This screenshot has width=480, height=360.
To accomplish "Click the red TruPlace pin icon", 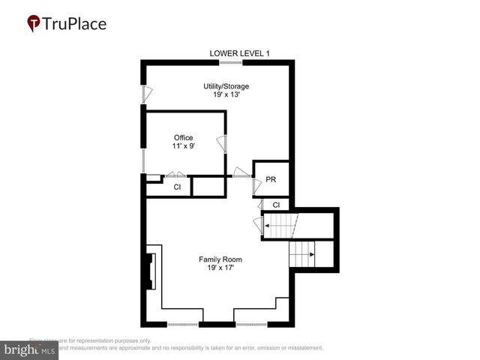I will point(34,23).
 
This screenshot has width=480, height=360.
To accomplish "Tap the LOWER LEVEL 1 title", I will point(239,52).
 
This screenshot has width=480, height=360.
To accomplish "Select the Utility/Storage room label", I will point(226,86).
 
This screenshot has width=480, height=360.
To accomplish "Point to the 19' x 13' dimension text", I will point(226,95).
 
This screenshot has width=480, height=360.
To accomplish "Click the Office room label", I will point(183,137).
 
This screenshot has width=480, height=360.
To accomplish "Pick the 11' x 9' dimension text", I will point(183,146).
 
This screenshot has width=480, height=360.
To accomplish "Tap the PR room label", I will point(271,180).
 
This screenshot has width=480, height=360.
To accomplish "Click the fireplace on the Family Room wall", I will point(150,271).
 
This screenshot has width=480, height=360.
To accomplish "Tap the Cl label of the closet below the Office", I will point(177,187).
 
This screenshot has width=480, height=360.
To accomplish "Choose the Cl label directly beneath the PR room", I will point(276,205).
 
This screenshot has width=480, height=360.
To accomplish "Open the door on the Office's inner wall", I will point(221,143).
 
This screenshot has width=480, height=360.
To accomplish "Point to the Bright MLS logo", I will point(29,349).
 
